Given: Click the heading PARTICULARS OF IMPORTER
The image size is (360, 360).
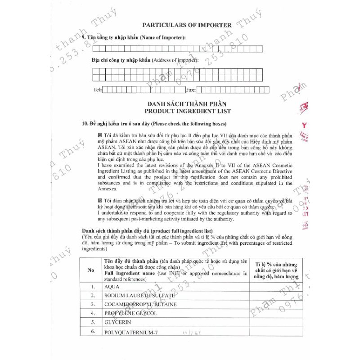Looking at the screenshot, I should pos(187,25).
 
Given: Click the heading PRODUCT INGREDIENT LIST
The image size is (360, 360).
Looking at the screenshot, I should pos(188,111).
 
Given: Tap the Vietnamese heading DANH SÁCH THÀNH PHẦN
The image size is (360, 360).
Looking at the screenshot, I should pos(188,104).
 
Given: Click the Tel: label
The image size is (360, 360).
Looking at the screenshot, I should pos(97,90).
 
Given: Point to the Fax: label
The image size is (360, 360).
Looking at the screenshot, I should pos(191,90).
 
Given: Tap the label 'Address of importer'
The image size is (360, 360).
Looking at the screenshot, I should pos(175,60).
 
